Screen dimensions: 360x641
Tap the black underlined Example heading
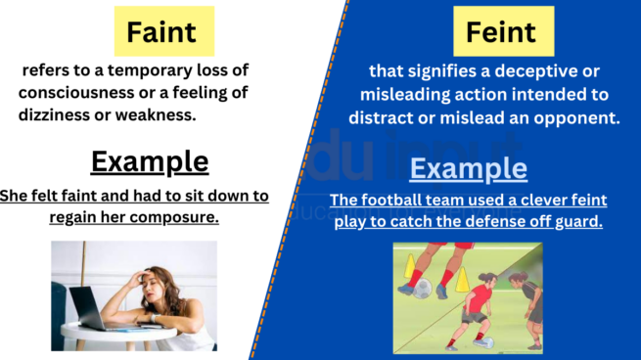tap(150, 160)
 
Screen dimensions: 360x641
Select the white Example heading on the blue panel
tap(468, 168)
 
